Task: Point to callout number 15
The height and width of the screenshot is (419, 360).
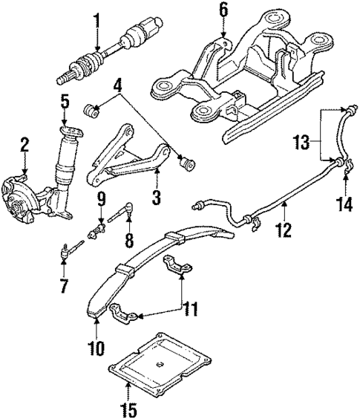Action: [x=131, y=407]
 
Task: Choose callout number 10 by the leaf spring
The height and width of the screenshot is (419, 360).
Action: [x=99, y=347]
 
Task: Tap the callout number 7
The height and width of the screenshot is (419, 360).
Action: [x=64, y=285]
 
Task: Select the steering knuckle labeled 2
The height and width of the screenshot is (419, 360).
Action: [x=27, y=186]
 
